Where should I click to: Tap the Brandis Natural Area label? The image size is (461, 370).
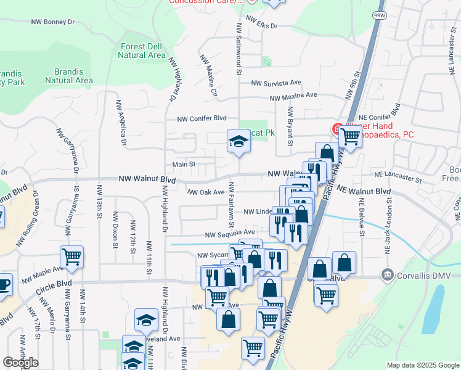[x=69, y=76]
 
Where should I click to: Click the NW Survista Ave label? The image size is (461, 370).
[x=275, y=82]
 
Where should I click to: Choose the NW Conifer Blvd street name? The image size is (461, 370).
[x=202, y=118]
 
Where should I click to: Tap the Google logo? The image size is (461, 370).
[x=20, y=363]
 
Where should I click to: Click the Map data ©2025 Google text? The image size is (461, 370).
[x=422, y=365]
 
